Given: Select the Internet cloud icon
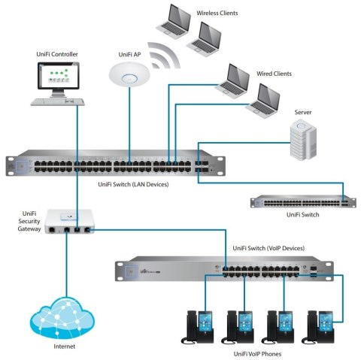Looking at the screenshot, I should (59, 319).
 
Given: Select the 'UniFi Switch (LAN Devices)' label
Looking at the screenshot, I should (134, 183).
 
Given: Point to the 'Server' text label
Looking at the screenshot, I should (303, 112).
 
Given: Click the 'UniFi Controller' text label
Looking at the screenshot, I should (56, 54).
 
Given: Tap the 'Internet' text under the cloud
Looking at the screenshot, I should (64, 348).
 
